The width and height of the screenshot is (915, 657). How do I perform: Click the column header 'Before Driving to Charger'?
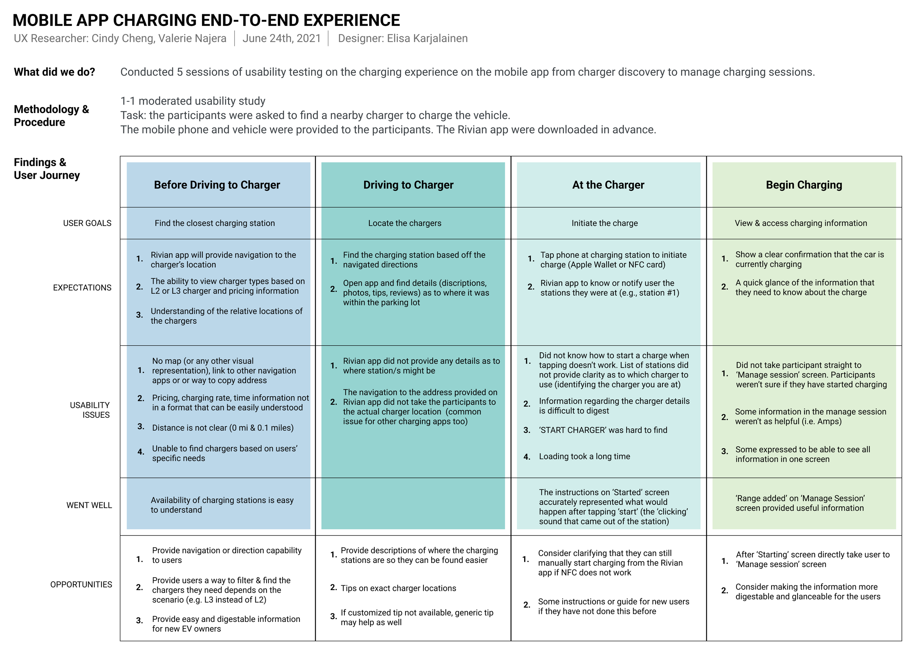217,185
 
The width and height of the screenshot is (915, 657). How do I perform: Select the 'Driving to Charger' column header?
408,185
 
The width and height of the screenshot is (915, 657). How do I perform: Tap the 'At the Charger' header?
608,185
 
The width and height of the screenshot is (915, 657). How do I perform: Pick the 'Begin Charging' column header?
804,185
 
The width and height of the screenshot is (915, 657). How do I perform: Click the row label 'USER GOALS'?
87,223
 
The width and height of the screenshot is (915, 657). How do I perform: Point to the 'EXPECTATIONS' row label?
82,288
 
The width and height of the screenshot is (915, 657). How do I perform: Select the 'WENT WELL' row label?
89,505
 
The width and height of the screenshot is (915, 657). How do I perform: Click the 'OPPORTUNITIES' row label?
81,585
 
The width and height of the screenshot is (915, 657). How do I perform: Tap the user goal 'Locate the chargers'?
405,223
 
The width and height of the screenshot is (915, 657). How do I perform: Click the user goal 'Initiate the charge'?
604,223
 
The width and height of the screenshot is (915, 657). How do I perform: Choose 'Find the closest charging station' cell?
214,223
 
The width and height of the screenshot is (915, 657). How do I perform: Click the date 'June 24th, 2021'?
281,38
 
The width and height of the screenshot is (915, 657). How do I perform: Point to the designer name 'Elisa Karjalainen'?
427,38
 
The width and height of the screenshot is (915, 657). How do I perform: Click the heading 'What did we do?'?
55,72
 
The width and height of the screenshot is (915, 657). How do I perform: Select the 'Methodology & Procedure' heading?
51,115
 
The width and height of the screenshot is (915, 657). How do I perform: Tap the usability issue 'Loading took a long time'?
584,456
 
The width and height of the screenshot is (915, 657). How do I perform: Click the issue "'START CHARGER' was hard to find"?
603,430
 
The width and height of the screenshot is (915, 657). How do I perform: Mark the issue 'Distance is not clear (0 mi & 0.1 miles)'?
223,428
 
